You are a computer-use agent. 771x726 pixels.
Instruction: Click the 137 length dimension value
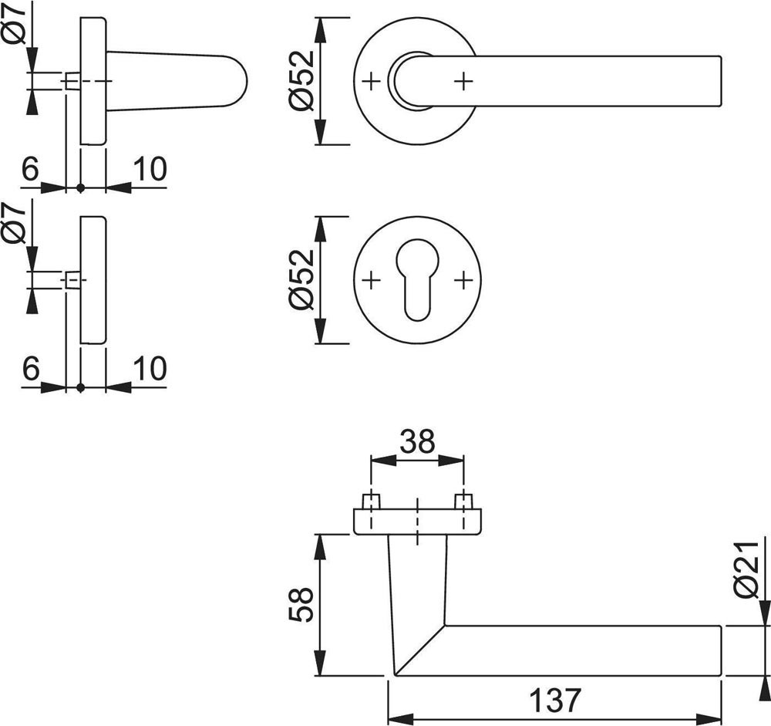(554, 700)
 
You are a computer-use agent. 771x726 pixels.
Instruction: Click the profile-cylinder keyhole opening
(416, 281)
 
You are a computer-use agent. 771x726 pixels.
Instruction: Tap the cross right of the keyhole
(463, 279)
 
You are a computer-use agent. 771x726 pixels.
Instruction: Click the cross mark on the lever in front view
(463, 79)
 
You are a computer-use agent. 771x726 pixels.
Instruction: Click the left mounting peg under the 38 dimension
(372, 500)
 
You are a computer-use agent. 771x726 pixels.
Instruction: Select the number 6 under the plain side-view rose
(30, 370)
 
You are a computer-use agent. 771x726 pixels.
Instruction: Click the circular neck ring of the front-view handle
(406, 79)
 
